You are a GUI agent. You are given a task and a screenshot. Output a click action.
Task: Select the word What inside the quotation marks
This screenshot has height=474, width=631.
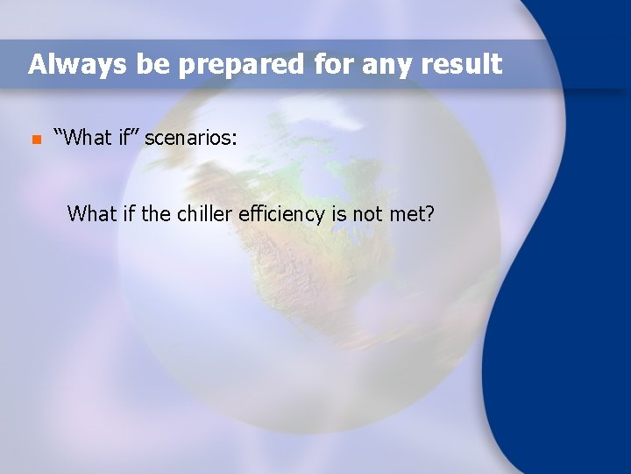pos(87,137)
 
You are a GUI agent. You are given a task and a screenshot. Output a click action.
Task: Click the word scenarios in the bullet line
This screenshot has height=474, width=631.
pos(190,138)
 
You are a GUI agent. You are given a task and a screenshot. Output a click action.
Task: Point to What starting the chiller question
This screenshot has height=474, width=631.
pos(91,213)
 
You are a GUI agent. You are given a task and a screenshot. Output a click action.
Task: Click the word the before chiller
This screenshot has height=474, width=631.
pos(155,213)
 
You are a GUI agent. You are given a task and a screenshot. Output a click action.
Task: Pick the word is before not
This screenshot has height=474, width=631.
pos(337,213)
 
